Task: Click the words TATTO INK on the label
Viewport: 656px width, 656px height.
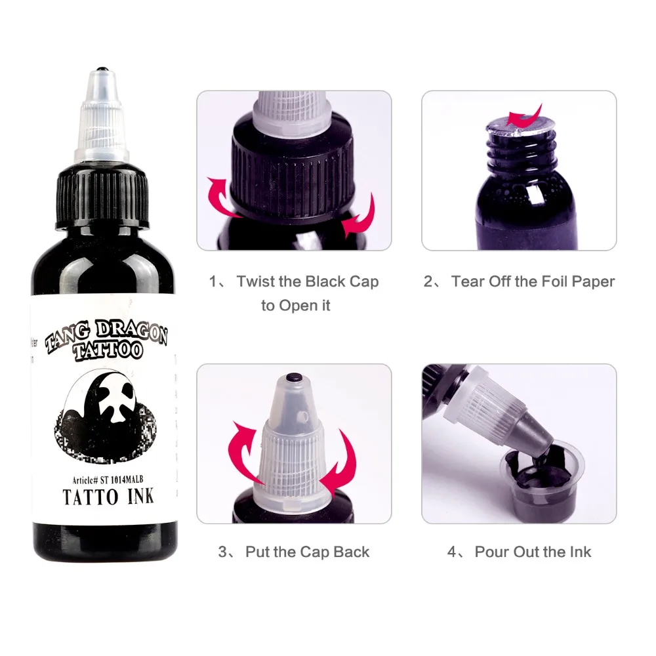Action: tap(108, 496)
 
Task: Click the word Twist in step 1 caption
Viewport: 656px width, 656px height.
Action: tap(255, 282)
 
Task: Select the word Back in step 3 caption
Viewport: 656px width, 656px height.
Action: tap(352, 552)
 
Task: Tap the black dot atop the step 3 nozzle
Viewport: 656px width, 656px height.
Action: tap(293, 379)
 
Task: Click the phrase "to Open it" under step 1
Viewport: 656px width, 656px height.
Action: tap(295, 306)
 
